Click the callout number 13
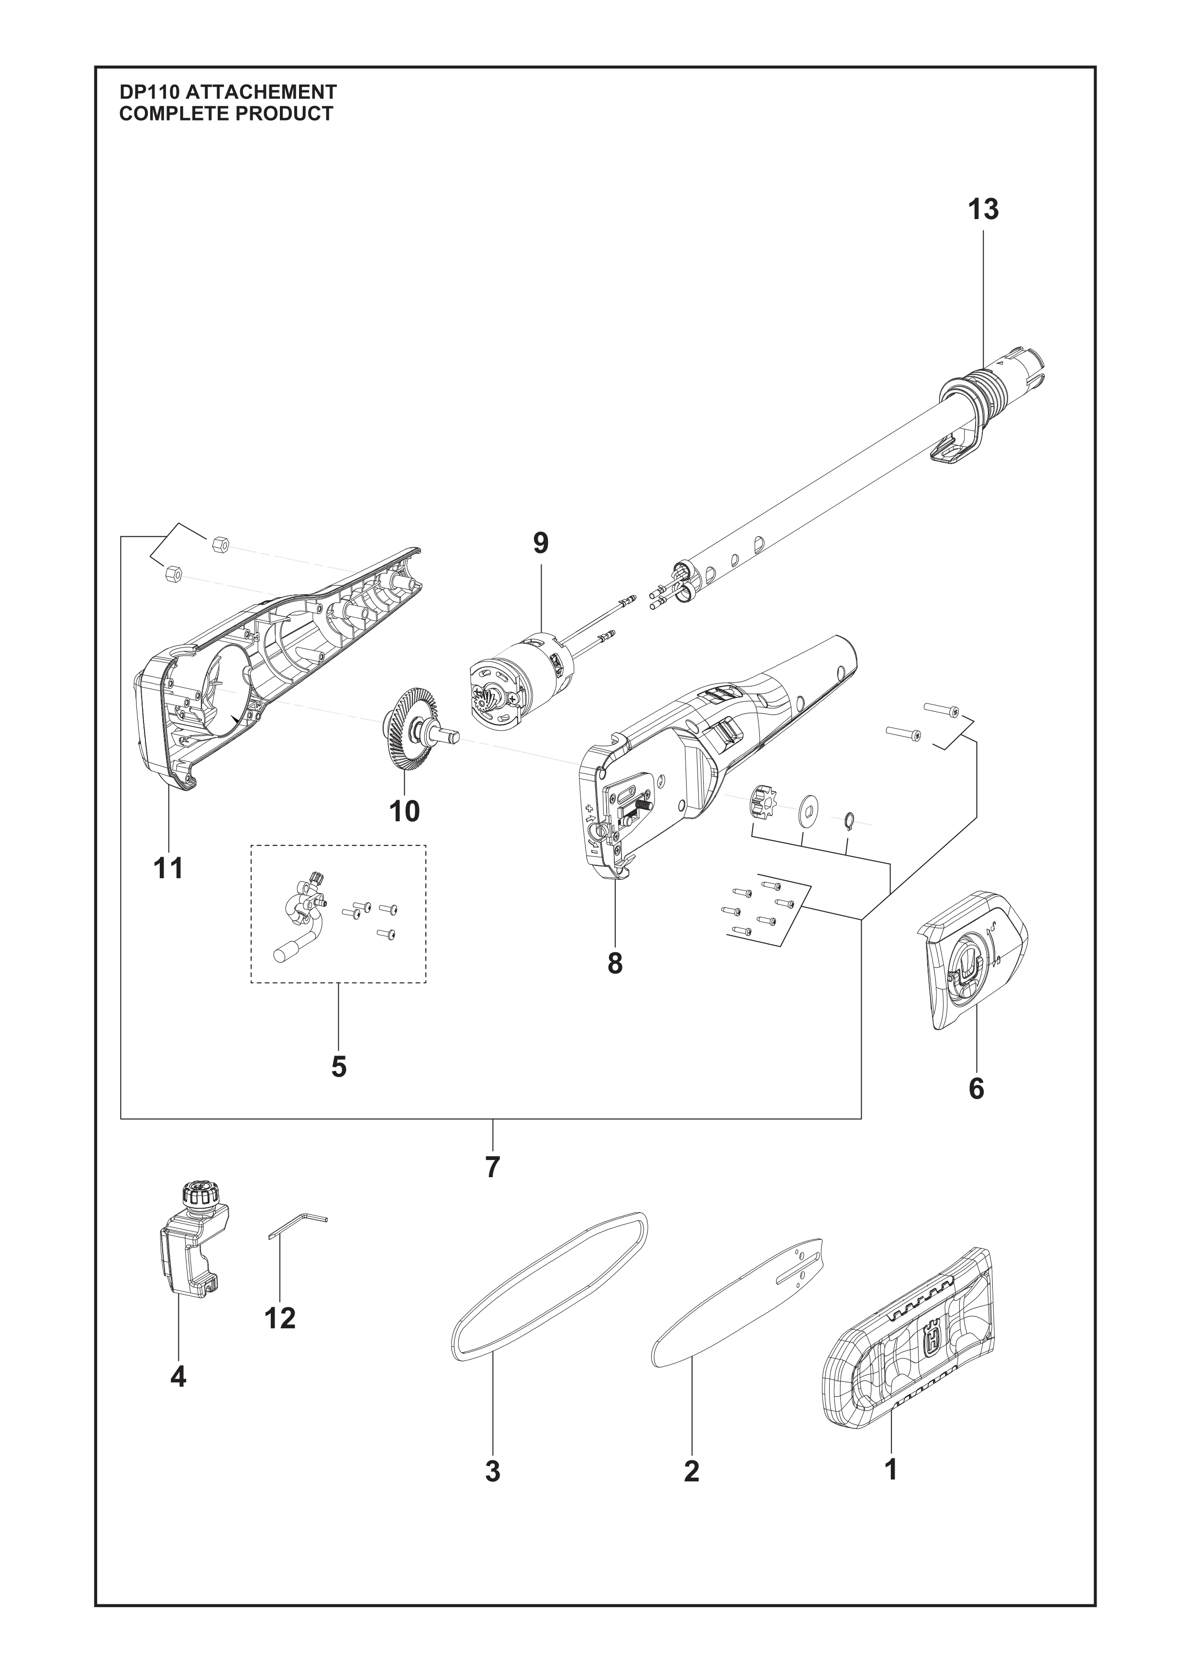983,210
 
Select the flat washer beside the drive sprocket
809,807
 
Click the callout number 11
169,869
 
